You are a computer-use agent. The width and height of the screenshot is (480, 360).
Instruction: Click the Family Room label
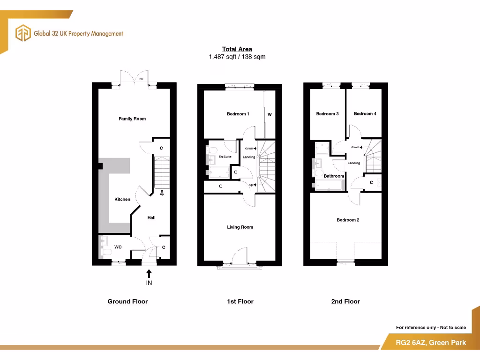coord(132,119)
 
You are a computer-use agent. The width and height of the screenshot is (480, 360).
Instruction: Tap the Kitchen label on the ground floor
coord(122,200)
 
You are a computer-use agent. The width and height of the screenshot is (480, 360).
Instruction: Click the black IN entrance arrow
coord(149,273)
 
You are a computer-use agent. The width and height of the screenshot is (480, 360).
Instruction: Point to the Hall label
coord(151,218)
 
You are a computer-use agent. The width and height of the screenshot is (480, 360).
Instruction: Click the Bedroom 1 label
coord(238,114)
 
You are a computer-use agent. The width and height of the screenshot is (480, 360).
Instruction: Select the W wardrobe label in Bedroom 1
coord(270,114)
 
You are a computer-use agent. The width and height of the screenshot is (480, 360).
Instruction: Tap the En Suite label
coord(225,157)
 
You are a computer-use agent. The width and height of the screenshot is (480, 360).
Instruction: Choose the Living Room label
coord(240,227)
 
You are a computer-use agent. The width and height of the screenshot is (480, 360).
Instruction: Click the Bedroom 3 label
coord(327,114)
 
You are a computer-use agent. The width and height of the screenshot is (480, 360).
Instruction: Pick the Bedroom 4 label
coord(365,114)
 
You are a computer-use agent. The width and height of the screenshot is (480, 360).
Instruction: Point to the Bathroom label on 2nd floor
coord(334,176)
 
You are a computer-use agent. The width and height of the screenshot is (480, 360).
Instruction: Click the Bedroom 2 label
coord(348,220)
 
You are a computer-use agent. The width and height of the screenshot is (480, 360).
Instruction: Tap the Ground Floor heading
coord(127,301)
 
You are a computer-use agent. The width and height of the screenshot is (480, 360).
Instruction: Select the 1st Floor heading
coord(240,301)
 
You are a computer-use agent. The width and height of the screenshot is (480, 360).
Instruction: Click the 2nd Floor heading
coord(345,301)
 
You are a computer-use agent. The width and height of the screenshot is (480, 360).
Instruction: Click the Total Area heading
coord(237,49)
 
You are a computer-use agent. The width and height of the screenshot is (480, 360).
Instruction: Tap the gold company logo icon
coord(23,33)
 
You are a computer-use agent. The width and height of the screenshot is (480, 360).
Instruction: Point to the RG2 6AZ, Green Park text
coord(431,343)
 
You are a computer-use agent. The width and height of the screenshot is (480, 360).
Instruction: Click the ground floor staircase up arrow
coord(162,191)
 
